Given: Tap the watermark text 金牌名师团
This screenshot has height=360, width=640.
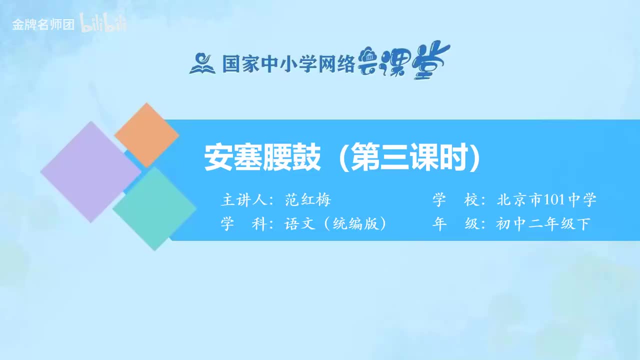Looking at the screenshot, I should pos(43,25).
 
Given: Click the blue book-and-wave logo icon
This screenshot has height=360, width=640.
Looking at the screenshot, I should pos(202,63).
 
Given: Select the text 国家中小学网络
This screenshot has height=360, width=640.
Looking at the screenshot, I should pos(288,63).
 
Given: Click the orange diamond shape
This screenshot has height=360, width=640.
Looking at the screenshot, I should pos(146,135).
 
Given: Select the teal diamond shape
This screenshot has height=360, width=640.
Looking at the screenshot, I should pos(154,208).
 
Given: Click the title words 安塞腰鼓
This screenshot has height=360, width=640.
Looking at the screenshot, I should pos(262,158).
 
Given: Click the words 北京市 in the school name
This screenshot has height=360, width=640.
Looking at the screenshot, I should pos(519,200).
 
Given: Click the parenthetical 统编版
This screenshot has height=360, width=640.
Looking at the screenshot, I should pos(355,224).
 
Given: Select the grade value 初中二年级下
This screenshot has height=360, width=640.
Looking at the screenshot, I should pos(543,224).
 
